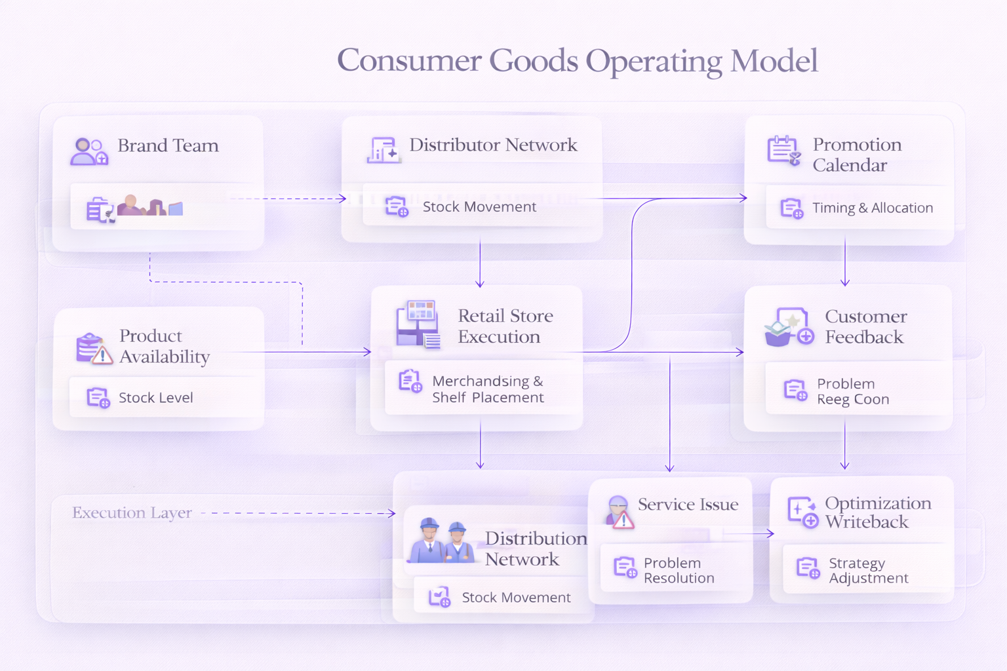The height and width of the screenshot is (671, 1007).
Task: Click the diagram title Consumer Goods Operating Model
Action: pyautogui.click(x=577, y=61)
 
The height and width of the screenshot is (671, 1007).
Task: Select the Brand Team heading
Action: pyautogui.click(x=168, y=145)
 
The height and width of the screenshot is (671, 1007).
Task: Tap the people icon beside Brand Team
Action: pyautogui.click(x=89, y=151)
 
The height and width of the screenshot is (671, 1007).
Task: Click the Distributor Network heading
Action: pyautogui.click(x=493, y=145)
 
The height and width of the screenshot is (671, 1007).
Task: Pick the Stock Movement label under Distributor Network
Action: pyautogui.click(x=479, y=207)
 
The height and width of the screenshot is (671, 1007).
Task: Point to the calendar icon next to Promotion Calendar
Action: pyautogui.click(x=783, y=151)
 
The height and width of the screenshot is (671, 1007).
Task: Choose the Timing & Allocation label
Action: pyautogui.click(x=872, y=208)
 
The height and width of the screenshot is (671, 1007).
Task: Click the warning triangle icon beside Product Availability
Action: pyautogui.click(x=102, y=356)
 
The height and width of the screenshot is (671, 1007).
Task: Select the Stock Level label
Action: pyautogui.click(x=155, y=398)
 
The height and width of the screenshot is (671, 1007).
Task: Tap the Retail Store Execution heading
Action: pyautogui.click(x=505, y=326)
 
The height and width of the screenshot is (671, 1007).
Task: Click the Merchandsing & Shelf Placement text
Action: pyautogui.click(x=488, y=389)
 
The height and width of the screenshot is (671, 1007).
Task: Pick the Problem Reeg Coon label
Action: pyautogui.click(x=852, y=391)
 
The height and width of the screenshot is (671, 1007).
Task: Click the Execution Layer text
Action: pyautogui.click(x=132, y=513)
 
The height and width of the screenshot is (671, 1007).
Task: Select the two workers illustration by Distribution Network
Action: pyautogui.click(x=441, y=541)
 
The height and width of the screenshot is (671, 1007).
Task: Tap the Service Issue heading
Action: pyautogui.click(x=688, y=505)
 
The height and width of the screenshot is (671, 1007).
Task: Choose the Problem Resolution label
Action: pyautogui.click(x=679, y=571)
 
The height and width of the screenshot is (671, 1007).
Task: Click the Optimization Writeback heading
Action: pyautogui.click(x=877, y=512)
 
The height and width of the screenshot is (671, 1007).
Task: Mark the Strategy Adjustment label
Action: pyautogui.click(x=868, y=571)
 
